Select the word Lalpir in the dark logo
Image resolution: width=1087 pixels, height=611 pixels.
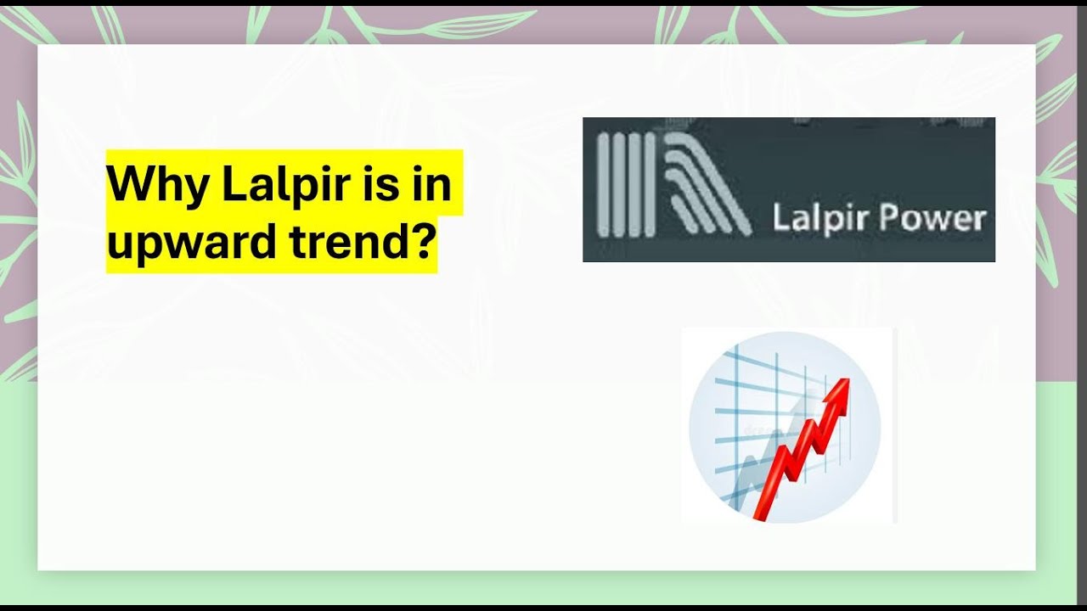pos(820,219)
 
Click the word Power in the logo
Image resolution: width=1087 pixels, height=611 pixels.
pos(932,219)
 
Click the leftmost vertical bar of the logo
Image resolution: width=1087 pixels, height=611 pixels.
pos(604,183)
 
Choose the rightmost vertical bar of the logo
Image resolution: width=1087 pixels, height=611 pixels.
pos(650,183)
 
